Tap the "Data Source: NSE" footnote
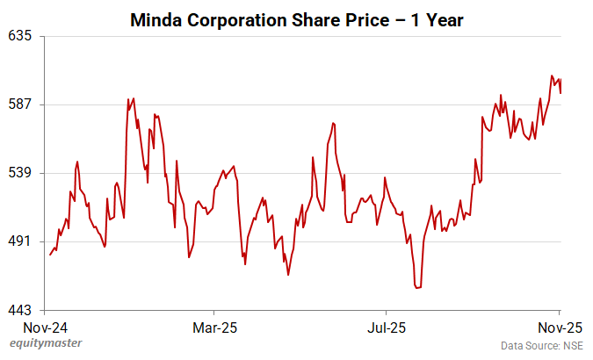[541, 346]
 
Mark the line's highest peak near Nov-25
[552, 76]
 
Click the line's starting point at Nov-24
[50, 255]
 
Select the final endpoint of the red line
[560, 92]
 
